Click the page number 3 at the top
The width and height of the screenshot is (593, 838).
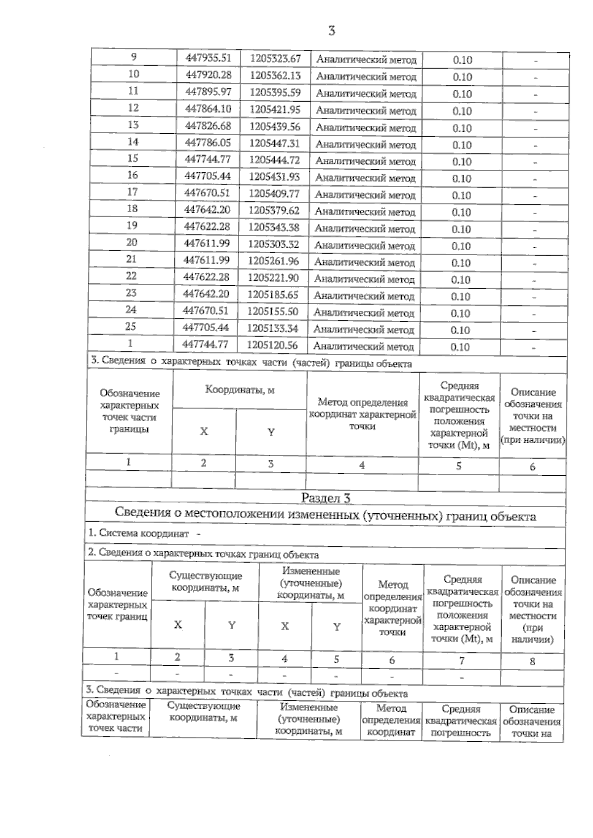coord(332,31)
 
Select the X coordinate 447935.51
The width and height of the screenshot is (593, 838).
coord(209,58)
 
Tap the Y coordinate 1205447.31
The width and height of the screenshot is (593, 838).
coord(275,143)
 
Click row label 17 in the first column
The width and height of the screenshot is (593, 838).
coord(132,192)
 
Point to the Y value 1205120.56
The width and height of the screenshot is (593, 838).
coord(272,345)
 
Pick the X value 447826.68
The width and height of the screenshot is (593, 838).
coord(208,126)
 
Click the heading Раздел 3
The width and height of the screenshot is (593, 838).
coord(326,498)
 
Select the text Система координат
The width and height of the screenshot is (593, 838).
coord(143,533)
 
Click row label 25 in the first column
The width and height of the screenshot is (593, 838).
coord(130,326)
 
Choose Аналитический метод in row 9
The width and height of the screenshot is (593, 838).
coord(366,60)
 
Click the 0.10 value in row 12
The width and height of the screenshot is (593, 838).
coord(462,111)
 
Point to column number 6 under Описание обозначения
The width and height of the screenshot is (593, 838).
coord(532,466)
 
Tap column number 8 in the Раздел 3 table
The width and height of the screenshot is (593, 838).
coord(532,661)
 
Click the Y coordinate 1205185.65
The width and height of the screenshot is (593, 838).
coord(273,295)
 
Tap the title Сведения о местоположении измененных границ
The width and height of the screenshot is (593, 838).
coord(325,516)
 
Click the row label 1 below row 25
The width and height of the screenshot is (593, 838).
coord(130,343)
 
